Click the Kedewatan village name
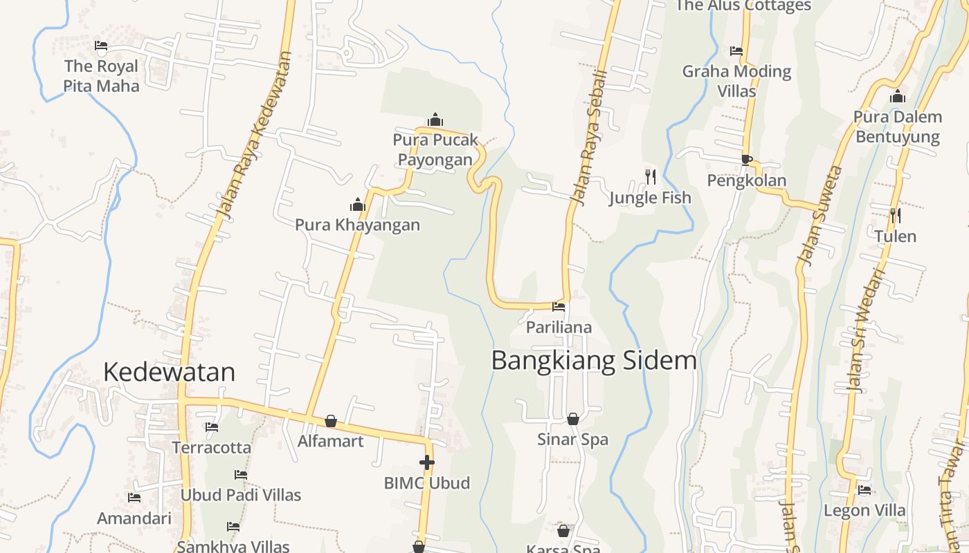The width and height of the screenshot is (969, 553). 169,372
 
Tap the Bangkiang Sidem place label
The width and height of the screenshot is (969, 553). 593,360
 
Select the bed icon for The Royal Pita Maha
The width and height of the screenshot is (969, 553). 101,46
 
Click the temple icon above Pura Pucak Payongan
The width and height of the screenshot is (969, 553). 435,120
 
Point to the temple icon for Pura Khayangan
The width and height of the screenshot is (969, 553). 357,205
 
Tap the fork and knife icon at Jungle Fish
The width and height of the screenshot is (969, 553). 650,177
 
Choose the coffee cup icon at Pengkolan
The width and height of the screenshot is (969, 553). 746,160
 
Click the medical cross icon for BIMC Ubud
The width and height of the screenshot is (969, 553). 426,462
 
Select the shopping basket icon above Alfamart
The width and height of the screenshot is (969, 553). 331,421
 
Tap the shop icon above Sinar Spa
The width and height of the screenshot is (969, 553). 573,418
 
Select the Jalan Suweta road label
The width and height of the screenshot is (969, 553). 820,215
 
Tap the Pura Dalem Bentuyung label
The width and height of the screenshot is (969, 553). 898,126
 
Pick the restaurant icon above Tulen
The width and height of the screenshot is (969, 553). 895,216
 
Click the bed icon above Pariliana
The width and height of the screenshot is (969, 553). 559,307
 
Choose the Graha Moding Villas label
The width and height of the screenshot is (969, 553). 736,81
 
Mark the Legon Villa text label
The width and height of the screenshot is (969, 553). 864,510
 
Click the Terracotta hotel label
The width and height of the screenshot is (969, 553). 212,447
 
